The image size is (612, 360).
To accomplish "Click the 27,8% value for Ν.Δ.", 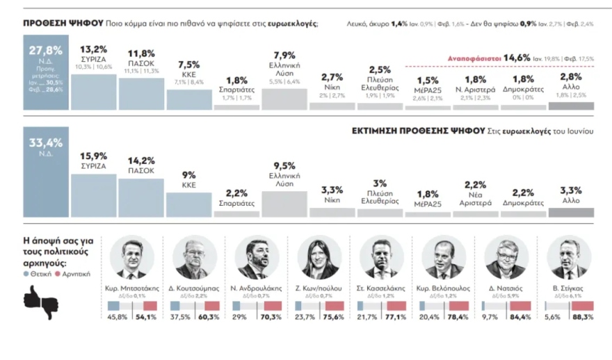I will click(x=46, y=51).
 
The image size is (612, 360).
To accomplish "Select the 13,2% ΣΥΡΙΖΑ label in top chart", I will click(x=93, y=49).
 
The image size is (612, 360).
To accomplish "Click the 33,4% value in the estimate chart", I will click(x=46, y=143).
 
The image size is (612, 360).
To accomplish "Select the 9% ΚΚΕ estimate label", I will click(x=188, y=176).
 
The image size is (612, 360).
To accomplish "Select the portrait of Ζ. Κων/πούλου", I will click(x=318, y=258).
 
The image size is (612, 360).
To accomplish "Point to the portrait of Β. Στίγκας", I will click(x=568, y=258).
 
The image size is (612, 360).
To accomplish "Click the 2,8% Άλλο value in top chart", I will click(x=571, y=76).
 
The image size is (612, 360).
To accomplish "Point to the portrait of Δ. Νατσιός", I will click(x=506, y=258).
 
